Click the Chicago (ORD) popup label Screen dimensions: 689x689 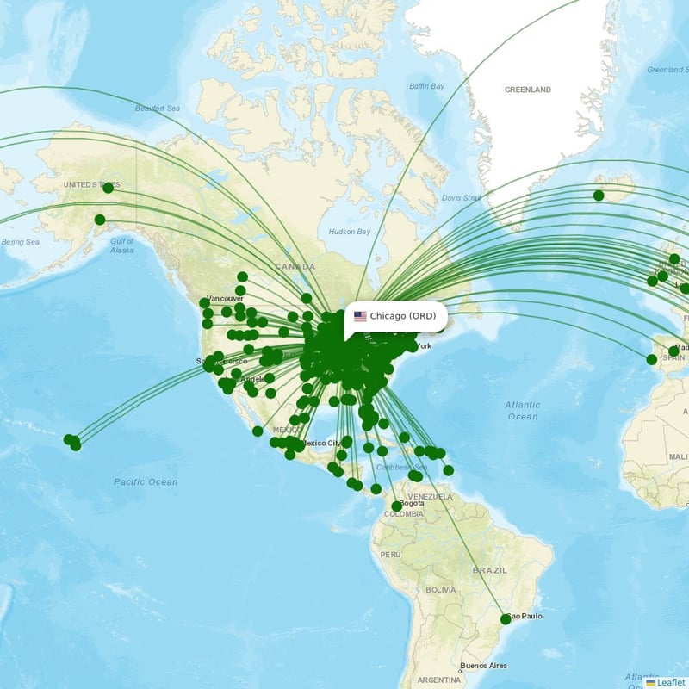coord(402,316)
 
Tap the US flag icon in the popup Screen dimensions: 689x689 coord(360,316)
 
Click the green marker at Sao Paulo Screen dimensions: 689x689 coord(506,619)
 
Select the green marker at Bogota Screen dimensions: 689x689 coord(396,506)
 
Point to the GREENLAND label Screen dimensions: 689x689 coord(527,90)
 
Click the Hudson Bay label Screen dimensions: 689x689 coord(349,232)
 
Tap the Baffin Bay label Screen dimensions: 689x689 coord(426,86)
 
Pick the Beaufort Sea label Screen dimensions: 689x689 coord(157,109)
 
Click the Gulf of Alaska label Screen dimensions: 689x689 coord(122,245)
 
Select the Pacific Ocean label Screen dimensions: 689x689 coord(146,482)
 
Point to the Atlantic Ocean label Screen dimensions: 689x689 coord(523,411)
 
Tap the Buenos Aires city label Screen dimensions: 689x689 coord(483,666)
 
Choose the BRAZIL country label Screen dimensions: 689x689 coord(490,570)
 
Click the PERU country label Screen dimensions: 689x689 coord(390,554)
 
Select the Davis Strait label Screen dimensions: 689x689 coord(462,197)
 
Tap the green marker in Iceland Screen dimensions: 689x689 coord(599,196)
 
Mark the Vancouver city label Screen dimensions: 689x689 coord(225,298)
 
